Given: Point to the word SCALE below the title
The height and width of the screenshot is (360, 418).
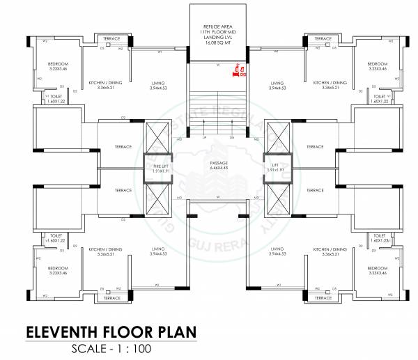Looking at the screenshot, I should pos(91,349).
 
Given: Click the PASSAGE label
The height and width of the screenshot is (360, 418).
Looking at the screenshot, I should pos(219,163).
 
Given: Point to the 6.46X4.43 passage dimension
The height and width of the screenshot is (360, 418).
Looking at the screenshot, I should pos(219,168).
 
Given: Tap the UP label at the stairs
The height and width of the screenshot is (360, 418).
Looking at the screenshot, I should pos(204,138).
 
